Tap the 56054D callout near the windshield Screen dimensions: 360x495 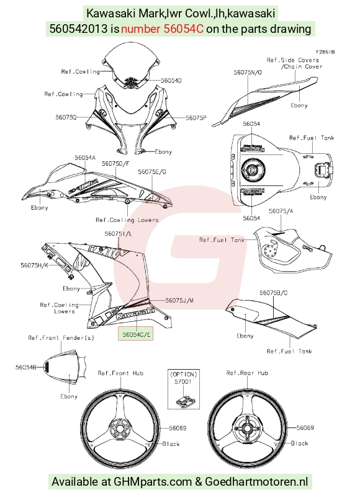click(x=171, y=81)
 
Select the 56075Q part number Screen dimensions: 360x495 click(x=66, y=117)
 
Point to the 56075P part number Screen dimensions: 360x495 click(x=196, y=117)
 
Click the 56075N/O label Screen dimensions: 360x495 click(x=248, y=73)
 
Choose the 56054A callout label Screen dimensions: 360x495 click(x=85, y=157)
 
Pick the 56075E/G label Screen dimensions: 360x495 click(x=152, y=171)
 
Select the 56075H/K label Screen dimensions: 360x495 click(x=34, y=265)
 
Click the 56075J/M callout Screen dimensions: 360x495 click(x=179, y=300)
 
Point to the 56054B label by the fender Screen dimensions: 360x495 click(x=26, y=367)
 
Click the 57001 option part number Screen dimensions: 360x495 click(x=184, y=381)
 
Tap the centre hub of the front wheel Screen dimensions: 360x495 click(x=120, y=428)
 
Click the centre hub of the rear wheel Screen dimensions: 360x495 click(x=248, y=428)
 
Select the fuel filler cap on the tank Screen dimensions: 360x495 click(x=251, y=169)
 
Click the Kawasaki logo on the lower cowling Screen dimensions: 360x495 click(x=135, y=314)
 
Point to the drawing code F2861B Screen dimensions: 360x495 click(x=325, y=51)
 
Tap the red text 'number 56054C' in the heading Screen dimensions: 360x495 click(x=162, y=29)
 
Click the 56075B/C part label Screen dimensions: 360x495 click(x=274, y=293)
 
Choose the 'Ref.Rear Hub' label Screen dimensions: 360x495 click(x=247, y=373)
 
